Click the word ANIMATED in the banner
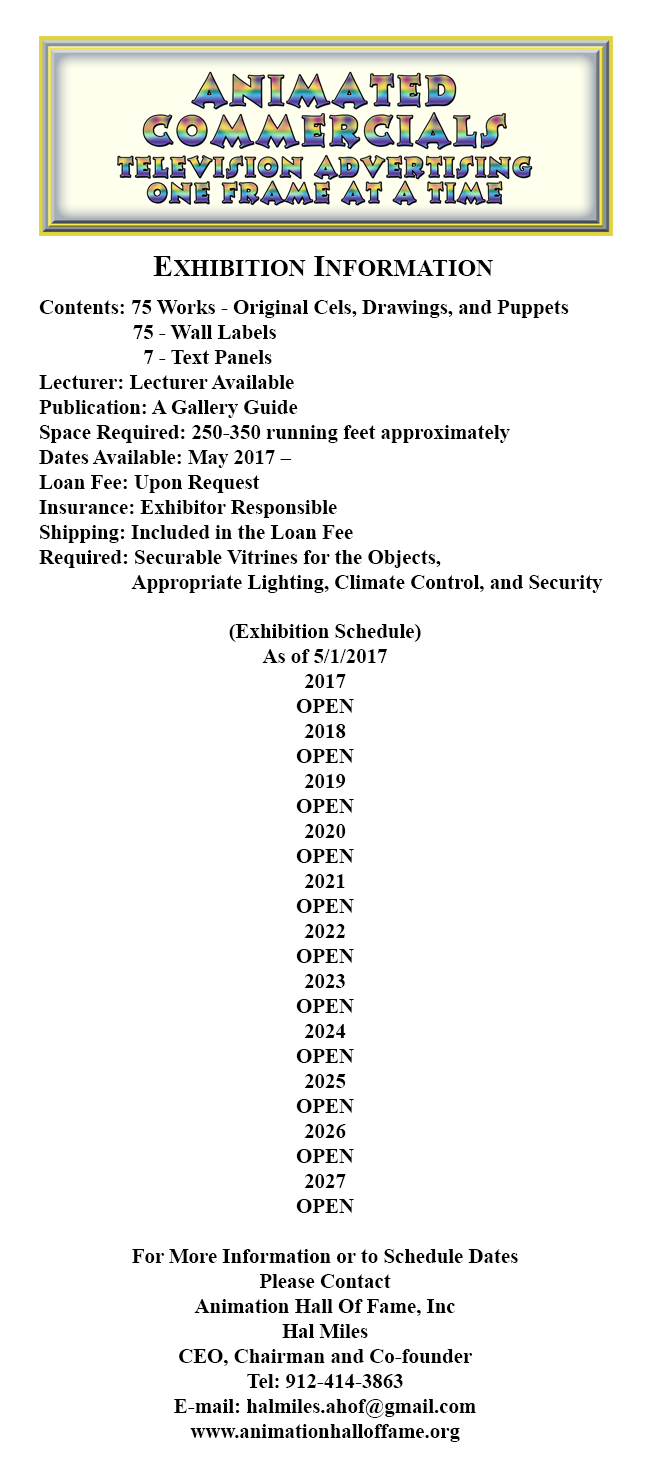coord(325,92)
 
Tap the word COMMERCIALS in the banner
coord(325,129)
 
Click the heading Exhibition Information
coord(323,268)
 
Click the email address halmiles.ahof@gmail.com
coord(361,1407)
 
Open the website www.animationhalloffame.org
coord(325,1432)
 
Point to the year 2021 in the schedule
coord(325,882)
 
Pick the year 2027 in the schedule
coord(325,1182)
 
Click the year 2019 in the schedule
coord(325,782)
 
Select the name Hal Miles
coord(325,1332)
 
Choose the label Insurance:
coord(86,508)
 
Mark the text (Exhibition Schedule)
coord(325,632)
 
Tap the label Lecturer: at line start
coord(81,383)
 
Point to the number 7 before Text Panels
coord(148,358)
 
